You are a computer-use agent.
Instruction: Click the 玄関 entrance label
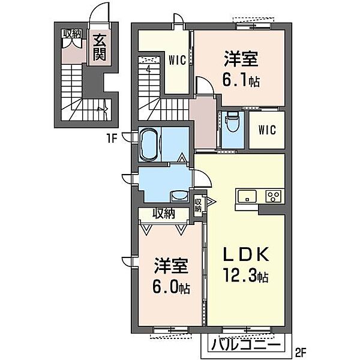click(100, 47)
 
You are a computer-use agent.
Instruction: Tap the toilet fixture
click(232, 121)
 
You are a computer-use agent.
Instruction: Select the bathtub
click(149, 145)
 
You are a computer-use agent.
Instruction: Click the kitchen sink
click(247, 196)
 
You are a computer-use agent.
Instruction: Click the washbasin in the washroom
click(179, 197)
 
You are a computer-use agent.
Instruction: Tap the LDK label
click(246, 254)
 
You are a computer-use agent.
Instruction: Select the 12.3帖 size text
click(246, 276)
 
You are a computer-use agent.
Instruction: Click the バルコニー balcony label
click(246, 346)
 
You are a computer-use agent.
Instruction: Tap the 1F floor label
click(112, 138)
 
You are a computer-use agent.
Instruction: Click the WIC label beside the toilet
click(267, 130)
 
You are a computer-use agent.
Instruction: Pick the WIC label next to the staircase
click(177, 61)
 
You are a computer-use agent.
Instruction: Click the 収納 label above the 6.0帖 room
click(164, 214)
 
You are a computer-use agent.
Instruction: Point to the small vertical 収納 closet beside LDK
click(198, 205)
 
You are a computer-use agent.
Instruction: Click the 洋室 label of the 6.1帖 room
click(241, 59)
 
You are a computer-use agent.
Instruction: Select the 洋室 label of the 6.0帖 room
click(171, 266)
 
